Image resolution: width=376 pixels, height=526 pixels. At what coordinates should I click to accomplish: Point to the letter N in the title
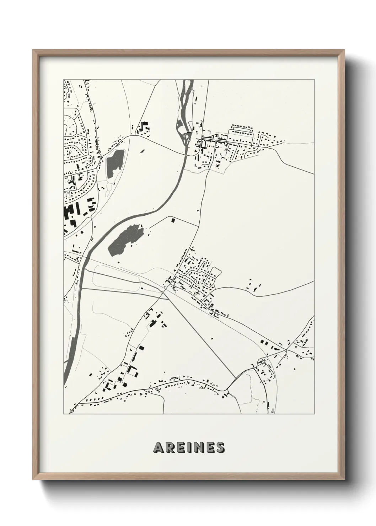point(199,448)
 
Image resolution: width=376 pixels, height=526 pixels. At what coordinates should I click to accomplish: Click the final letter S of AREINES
point(220,448)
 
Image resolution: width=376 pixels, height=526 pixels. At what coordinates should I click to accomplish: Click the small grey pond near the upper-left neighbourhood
point(114,163)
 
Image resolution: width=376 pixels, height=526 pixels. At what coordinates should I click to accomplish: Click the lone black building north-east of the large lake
point(173,220)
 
